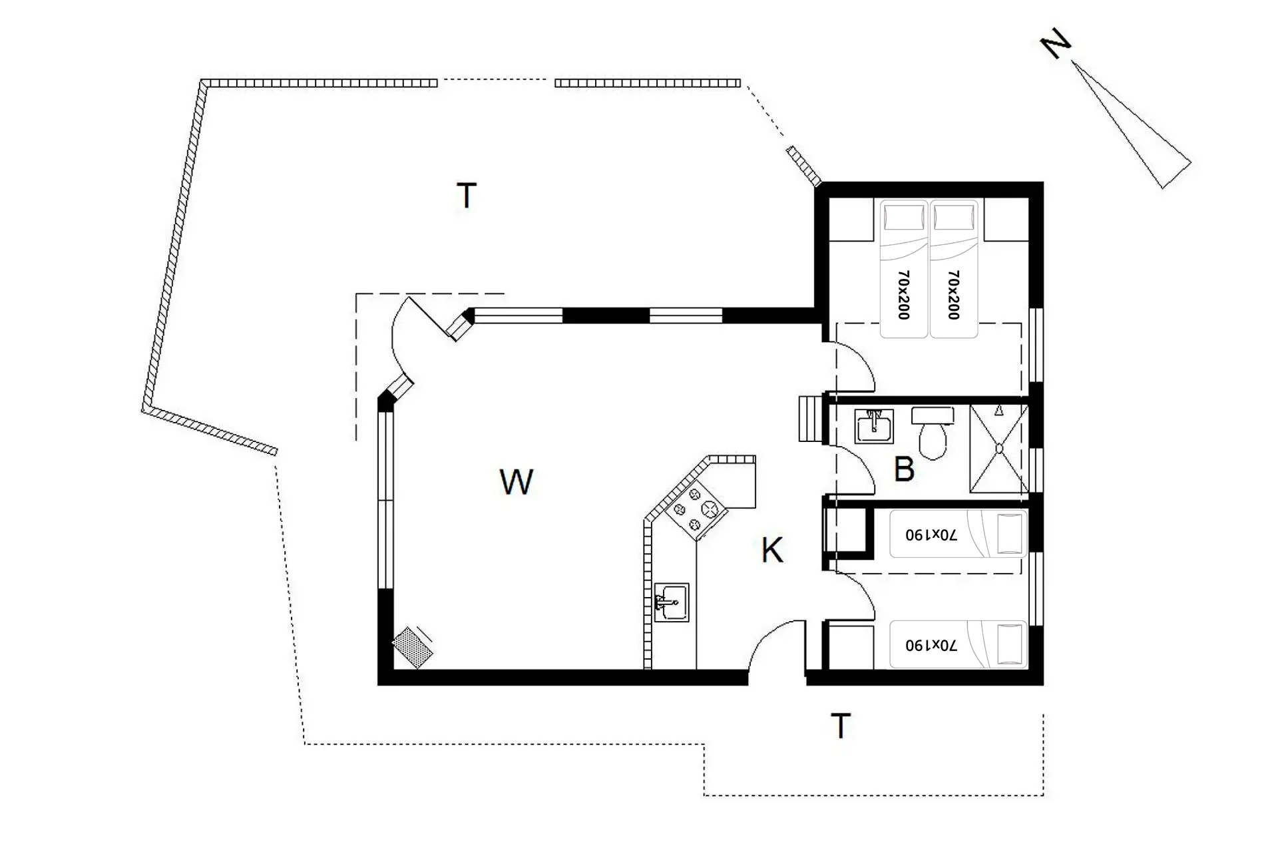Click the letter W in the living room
[517, 482]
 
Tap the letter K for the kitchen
[772, 550]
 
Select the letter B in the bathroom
[904, 469]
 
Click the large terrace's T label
[467, 196]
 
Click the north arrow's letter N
[1056, 46]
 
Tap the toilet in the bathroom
[933, 433]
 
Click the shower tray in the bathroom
[999, 448]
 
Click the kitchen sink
[672, 602]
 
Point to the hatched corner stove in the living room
[413, 647]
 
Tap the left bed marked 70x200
[904, 269]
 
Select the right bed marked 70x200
[953, 269]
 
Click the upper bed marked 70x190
[958, 534]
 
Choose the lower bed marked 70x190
[958, 644]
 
